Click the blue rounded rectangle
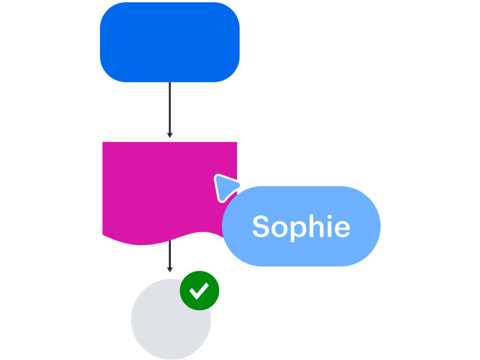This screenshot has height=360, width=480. [170, 42]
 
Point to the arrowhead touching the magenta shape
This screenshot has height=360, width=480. [170, 135]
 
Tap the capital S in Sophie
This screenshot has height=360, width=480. [261, 227]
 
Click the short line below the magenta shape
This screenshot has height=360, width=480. [170, 254]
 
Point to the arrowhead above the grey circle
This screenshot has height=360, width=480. [170, 270]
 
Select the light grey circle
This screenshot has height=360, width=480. [166, 323]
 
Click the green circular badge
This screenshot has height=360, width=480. [199, 290]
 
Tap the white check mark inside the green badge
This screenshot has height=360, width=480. [199, 291]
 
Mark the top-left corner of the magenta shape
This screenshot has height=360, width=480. [103, 143]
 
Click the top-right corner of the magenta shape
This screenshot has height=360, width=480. [236, 143]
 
